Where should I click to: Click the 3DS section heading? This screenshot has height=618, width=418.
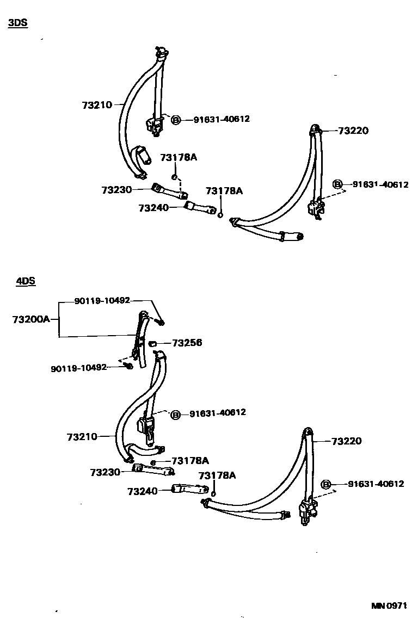17,23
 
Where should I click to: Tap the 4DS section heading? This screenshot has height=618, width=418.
25,281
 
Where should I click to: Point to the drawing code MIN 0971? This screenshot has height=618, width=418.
389,605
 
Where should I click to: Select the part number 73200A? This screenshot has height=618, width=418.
31,319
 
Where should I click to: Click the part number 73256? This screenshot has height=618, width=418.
187,343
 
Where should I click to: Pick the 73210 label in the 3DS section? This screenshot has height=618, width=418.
97,105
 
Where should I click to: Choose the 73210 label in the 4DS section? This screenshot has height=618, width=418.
82,437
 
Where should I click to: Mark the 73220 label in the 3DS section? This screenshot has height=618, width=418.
353,131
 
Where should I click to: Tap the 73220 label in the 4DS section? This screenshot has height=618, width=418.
346,441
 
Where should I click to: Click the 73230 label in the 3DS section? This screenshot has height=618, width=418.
116,189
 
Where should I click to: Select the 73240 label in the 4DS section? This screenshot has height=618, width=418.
142,491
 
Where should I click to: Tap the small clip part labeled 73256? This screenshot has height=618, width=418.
153,343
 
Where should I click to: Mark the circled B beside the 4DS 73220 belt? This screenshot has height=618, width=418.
327,484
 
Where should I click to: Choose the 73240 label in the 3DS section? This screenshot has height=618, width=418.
153,208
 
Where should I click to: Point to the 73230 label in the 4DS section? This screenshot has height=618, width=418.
106,472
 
